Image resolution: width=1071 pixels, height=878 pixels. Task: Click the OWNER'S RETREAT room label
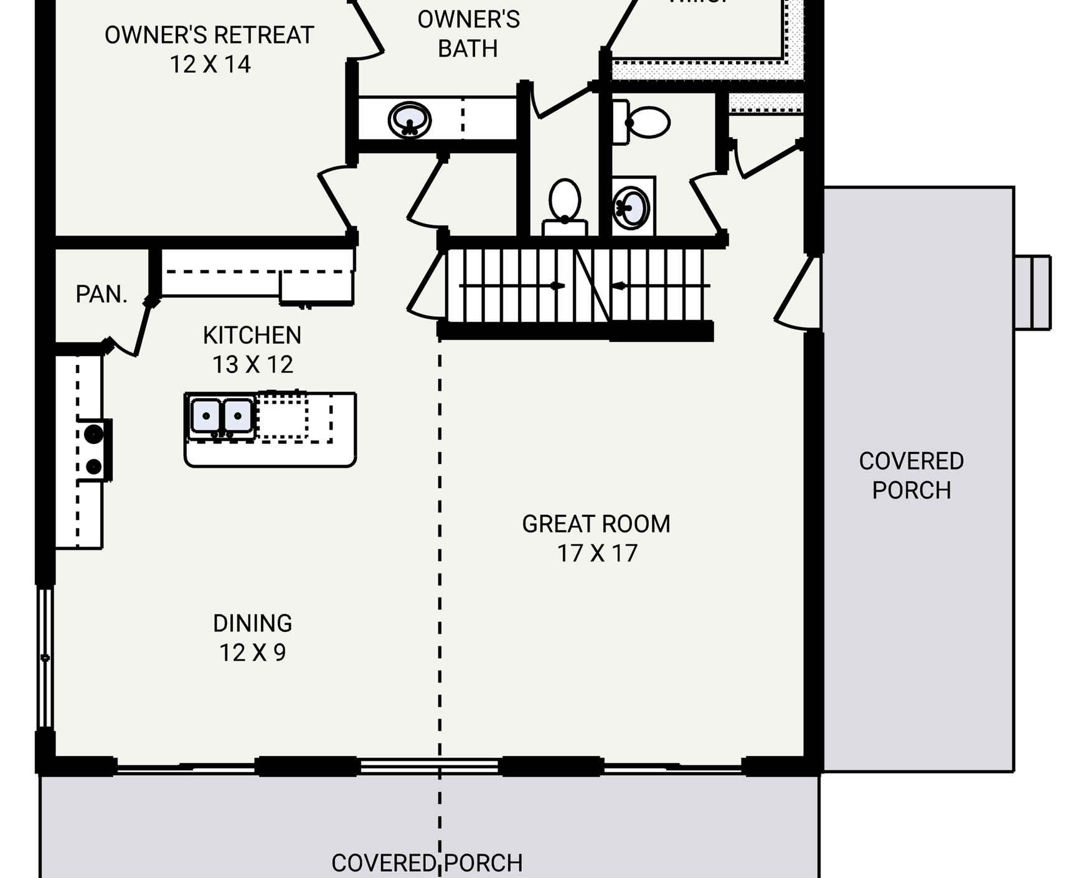[x=209, y=35]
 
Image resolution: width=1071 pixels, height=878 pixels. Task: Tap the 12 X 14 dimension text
[x=210, y=65]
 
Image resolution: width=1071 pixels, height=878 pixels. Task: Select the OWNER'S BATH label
[x=468, y=34]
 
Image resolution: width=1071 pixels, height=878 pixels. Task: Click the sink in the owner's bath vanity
[x=409, y=120]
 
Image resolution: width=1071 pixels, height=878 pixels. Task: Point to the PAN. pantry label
[x=101, y=294]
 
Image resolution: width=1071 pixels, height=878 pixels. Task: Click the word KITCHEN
[x=252, y=336]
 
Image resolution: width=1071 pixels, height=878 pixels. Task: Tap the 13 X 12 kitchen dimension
[x=252, y=365]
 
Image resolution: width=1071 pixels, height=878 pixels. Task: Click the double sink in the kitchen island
[x=221, y=416]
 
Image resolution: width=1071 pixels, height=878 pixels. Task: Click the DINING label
[x=252, y=623]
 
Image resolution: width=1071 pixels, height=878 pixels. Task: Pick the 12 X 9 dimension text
[x=252, y=653]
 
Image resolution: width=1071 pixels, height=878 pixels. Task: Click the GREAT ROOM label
[x=596, y=524]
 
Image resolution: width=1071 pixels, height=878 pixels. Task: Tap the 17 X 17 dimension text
[x=597, y=554]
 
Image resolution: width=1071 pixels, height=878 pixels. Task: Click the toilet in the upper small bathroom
[x=644, y=122]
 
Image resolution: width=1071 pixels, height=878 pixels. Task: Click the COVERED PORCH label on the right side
[x=911, y=476]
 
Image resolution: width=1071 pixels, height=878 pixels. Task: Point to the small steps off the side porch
[x=1032, y=292]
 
